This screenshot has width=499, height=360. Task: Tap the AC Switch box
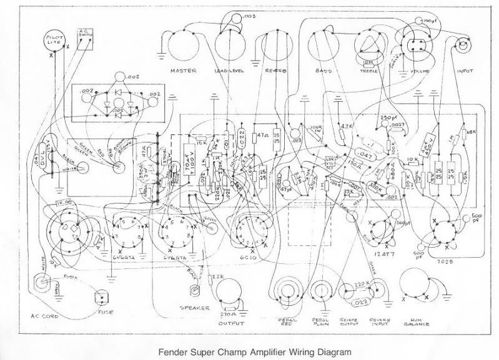click(x=85, y=36)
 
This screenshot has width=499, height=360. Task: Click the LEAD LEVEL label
click(x=229, y=71)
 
